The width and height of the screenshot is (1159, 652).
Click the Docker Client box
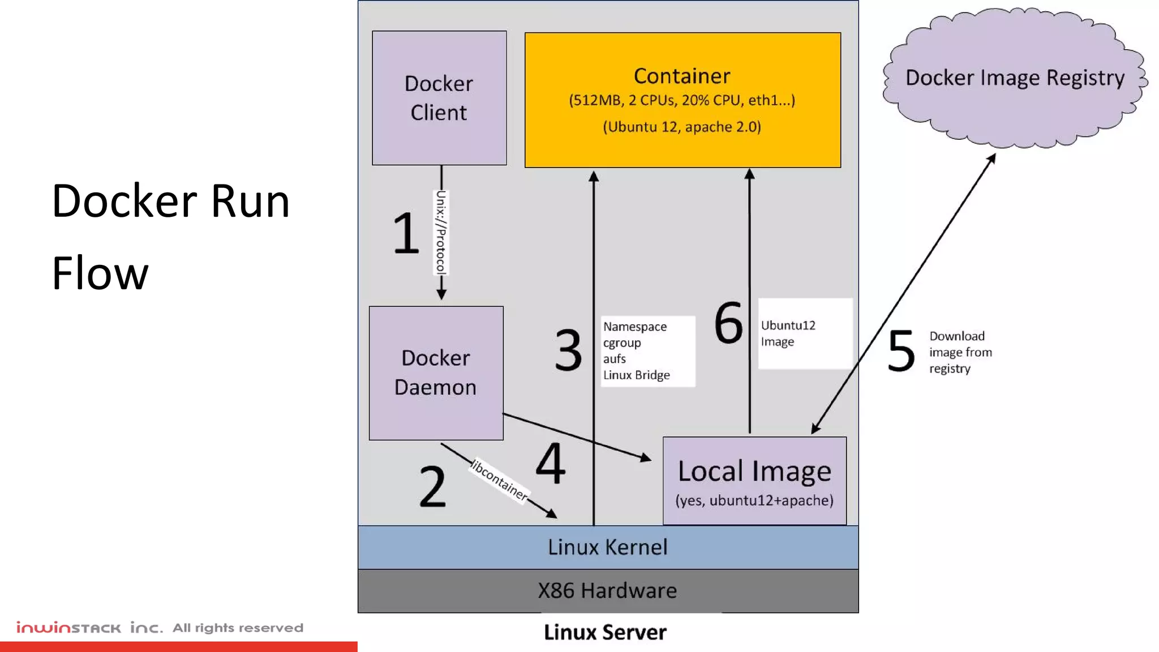[439, 98]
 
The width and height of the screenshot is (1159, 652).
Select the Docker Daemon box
[436, 373]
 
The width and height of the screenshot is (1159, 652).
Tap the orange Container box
[682, 100]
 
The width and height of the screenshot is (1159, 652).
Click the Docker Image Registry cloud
[1015, 78]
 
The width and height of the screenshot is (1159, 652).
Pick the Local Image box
[754, 481]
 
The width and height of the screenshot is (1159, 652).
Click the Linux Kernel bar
[608, 547]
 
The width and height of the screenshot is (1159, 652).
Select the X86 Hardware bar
[608, 591]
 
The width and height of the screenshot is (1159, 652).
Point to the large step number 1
[406, 233]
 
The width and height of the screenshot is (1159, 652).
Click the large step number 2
[432, 486]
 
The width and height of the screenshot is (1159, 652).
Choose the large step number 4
[550, 464]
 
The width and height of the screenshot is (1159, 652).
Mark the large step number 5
[901, 351]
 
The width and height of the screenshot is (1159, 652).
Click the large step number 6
[728, 323]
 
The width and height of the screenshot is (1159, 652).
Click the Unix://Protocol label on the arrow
[441, 233]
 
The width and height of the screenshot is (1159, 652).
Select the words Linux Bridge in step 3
[637, 375]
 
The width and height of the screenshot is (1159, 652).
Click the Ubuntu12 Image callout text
[788, 333]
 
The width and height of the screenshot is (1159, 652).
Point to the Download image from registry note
[960, 352]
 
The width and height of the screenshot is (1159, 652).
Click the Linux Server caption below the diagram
[605, 632]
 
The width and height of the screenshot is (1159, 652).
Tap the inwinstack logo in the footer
[68, 628]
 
